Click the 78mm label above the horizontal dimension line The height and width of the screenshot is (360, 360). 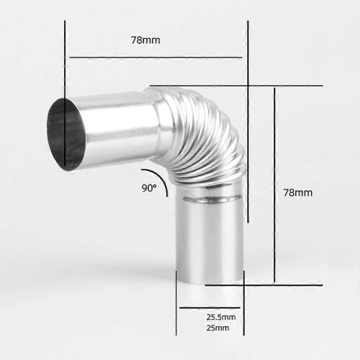pos(145,40)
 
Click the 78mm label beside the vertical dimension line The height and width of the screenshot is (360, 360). pos(298,193)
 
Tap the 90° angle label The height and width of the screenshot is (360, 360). pos(149,188)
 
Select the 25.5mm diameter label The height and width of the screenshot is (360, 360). pos(221,317)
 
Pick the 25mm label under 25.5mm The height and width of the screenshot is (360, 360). pos(217,328)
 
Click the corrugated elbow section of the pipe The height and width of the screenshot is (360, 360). pos(204,135)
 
